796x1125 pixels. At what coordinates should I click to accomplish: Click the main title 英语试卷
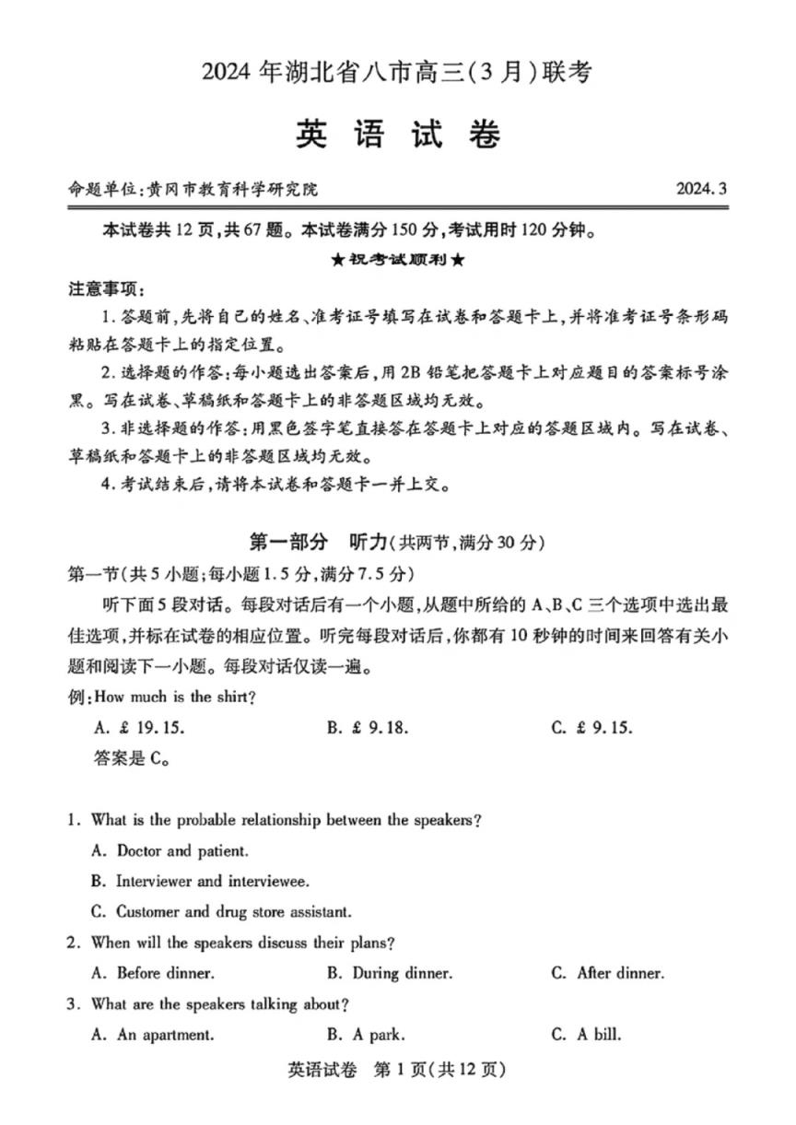pyautogui.click(x=398, y=135)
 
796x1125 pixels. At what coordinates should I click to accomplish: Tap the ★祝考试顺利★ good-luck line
pyautogui.click(x=397, y=260)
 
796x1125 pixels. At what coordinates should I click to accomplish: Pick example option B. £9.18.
pyautogui.click(x=367, y=728)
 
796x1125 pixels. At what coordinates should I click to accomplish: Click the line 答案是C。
pyautogui.click(x=130, y=759)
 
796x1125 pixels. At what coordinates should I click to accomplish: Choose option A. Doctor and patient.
pyautogui.click(x=170, y=850)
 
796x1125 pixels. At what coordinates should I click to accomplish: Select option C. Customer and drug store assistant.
pyautogui.click(x=221, y=912)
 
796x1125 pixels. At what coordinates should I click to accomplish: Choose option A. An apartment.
pyautogui.click(x=153, y=1035)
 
